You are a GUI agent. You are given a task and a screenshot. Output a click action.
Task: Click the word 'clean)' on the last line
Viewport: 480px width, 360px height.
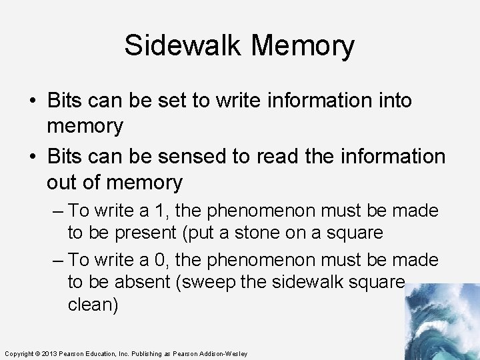[x=94, y=304]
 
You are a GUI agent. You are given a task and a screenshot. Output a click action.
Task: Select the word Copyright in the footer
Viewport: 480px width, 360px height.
[x=19, y=353]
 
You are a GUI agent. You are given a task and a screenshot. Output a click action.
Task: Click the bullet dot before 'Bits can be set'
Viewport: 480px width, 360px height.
[x=33, y=101]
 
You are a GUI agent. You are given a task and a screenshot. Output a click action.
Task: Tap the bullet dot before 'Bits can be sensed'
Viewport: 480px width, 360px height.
[x=33, y=157]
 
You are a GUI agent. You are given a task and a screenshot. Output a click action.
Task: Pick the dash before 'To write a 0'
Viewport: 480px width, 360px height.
[x=58, y=259]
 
